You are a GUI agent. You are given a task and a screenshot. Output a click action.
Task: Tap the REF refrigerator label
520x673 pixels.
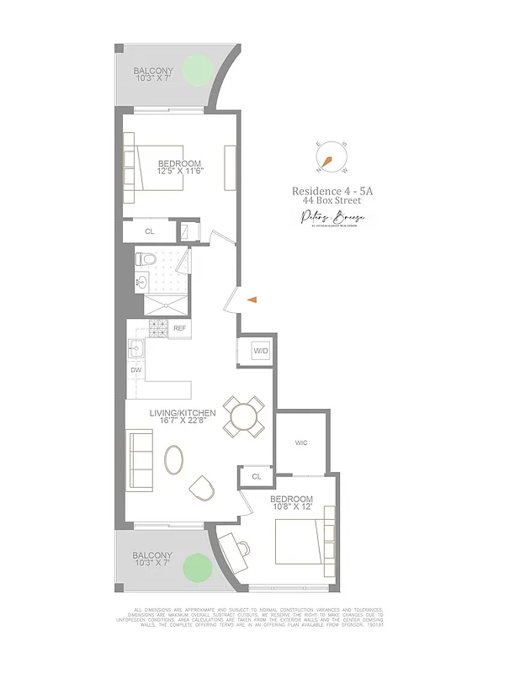click(180, 328)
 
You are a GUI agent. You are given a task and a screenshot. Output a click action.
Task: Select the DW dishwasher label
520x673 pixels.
click(135, 369)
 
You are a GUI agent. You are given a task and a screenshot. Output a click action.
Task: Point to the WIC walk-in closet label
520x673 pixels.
click(302, 442)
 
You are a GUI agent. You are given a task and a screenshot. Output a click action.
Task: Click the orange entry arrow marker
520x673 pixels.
click(251, 298)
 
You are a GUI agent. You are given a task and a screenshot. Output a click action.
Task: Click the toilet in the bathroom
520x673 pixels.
click(145, 260)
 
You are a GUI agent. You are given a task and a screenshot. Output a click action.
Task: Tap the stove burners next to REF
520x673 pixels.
click(158, 328)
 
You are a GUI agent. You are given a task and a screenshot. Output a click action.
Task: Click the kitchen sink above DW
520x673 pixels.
click(135, 347)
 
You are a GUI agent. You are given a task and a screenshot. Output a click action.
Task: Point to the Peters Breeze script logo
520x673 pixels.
click(332, 219)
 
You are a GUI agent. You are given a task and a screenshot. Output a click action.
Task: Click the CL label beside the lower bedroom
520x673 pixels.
click(256, 478)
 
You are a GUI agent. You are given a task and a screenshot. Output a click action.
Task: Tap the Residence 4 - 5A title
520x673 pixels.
click(332, 191)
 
